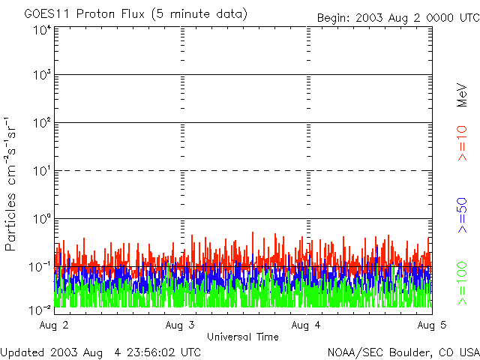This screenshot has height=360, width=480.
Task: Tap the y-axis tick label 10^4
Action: [x=42, y=29]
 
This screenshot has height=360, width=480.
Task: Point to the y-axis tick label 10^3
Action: [x=42, y=75]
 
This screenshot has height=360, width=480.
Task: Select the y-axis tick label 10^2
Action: [x=42, y=122]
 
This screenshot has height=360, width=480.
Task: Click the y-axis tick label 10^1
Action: [x=42, y=170]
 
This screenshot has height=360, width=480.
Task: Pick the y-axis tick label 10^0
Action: [x=42, y=218]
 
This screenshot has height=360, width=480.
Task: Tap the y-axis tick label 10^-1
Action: [x=40, y=266]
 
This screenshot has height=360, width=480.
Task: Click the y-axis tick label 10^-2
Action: [x=40, y=309]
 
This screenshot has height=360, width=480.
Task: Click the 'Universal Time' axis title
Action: [x=242, y=337]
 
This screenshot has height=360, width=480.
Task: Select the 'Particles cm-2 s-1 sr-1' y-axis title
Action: [x=13, y=184]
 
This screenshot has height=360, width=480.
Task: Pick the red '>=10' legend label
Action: [x=463, y=142]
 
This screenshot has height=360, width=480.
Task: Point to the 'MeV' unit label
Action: [x=463, y=96]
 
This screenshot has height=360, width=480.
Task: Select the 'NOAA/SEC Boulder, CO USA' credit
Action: [x=403, y=352]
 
